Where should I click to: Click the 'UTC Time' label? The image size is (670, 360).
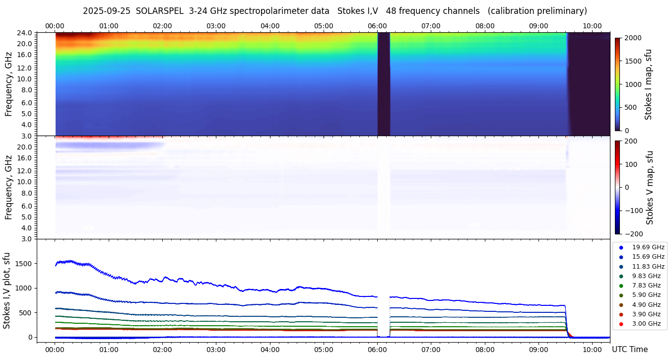629,350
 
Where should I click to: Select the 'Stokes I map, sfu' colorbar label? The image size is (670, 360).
648,84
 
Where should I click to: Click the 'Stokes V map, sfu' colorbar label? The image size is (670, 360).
650,188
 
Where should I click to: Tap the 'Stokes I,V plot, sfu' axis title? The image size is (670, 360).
7,290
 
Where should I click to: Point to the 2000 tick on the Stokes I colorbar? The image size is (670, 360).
633,38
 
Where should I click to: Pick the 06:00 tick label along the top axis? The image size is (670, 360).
377,26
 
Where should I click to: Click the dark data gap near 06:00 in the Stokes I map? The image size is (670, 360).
384,84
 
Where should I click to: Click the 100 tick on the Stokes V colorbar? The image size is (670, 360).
631,164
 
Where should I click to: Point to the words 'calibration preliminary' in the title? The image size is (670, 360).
537,11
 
